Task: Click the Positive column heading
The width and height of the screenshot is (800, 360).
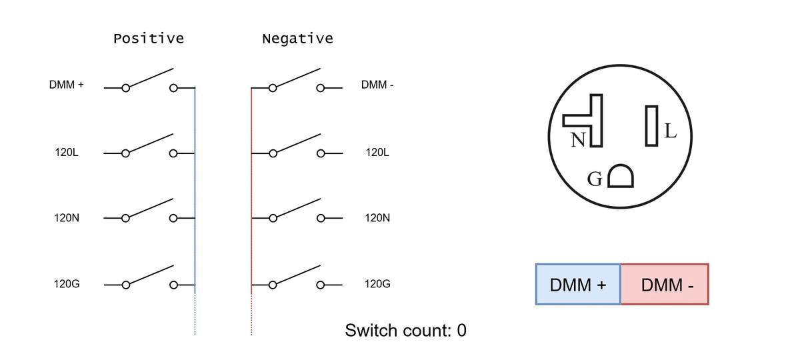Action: [x=149, y=39]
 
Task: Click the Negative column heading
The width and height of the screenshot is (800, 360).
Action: [x=297, y=39]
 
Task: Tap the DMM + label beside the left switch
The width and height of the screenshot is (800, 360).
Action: [x=67, y=85]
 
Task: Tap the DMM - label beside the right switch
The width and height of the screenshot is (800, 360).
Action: [x=377, y=85]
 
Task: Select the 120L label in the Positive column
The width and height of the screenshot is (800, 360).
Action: [x=67, y=153]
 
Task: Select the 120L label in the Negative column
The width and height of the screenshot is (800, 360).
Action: [x=377, y=153]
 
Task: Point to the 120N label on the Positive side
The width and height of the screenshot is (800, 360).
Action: [x=67, y=218]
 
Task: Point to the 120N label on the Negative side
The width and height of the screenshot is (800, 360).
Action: [x=377, y=218]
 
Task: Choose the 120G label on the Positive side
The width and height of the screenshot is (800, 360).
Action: [x=67, y=284]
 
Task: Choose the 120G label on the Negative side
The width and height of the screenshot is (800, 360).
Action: [x=377, y=284]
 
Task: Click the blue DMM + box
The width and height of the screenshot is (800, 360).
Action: [x=578, y=284]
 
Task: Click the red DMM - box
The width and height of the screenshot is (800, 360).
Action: [x=665, y=284]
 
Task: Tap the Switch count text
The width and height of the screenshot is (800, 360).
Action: [x=405, y=331]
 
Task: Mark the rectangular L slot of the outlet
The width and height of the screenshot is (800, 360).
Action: [x=651, y=126]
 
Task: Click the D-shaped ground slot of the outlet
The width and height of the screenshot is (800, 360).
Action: [x=621, y=176]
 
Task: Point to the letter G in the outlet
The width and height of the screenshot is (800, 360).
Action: [x=595, y=179]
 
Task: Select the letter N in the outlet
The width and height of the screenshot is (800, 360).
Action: [x=578, y=139]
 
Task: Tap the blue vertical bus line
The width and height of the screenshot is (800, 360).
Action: [x=195, y=211]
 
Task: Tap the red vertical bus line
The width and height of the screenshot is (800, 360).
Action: [x=251, y=211]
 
